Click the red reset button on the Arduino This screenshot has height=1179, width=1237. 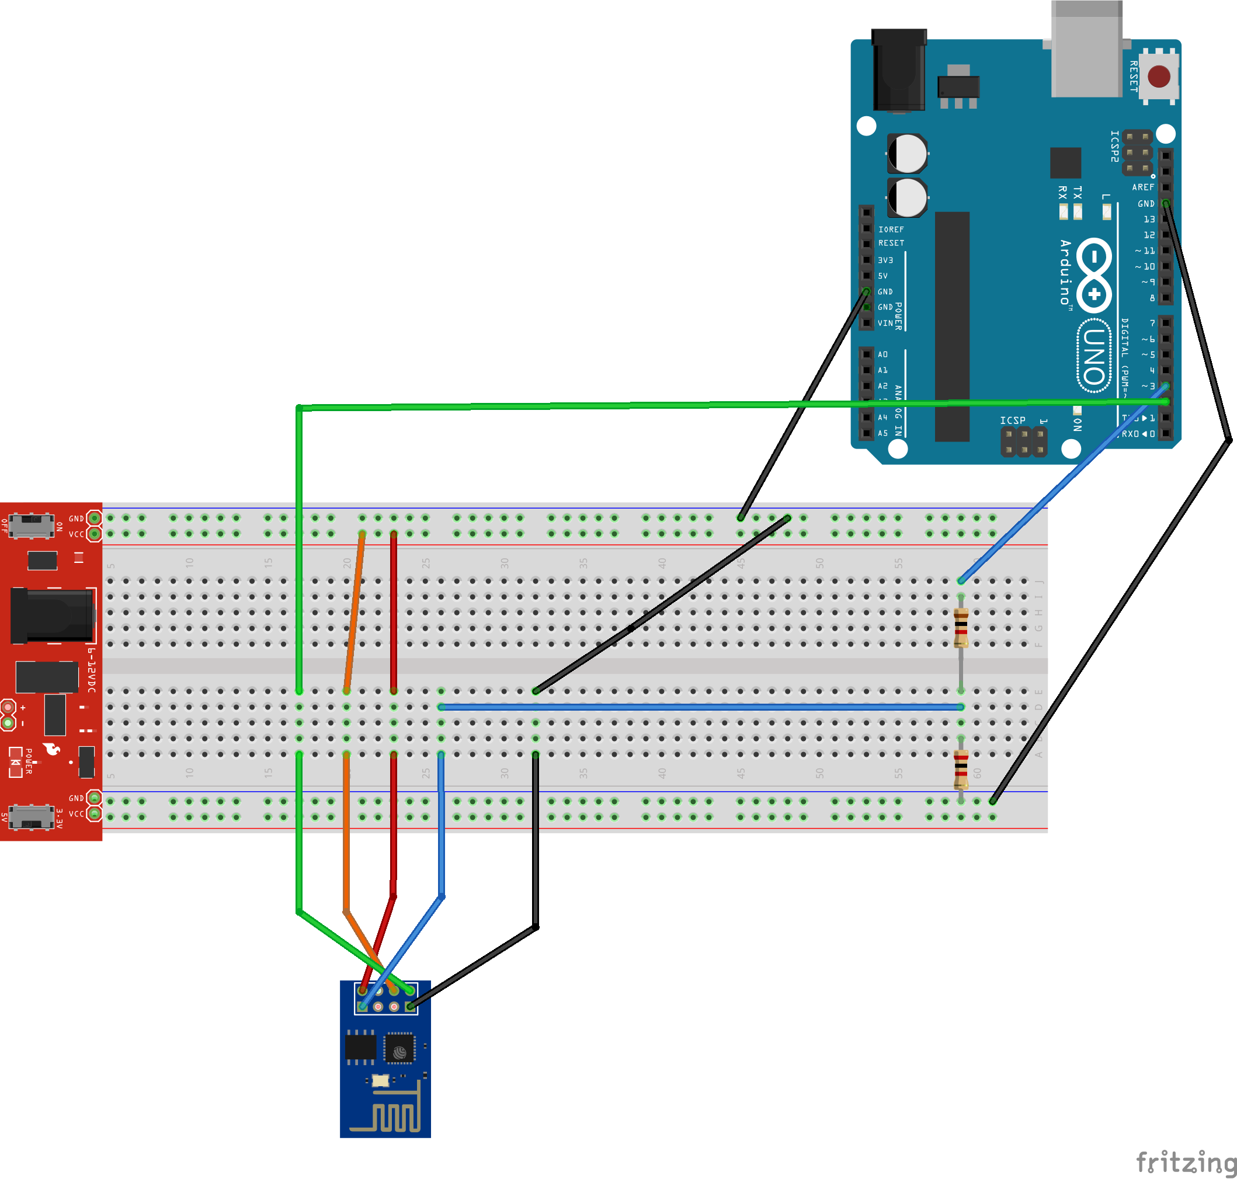1158,76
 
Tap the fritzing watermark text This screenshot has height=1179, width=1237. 1185,1162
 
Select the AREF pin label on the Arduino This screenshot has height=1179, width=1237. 1143,187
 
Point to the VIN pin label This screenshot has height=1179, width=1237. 885,323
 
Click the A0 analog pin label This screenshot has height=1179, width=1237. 882,354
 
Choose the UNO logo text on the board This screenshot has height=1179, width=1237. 1094,356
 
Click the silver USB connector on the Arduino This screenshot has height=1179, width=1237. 1086,50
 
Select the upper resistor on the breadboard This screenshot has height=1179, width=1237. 960,628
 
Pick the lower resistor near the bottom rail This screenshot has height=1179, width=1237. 960,769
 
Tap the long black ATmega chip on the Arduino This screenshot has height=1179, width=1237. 951,327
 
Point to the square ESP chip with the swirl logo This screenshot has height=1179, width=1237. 399,1048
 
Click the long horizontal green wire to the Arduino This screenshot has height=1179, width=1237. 628,405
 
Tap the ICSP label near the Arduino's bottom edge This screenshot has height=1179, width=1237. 1012,420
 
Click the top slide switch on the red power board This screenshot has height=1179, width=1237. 31,526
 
